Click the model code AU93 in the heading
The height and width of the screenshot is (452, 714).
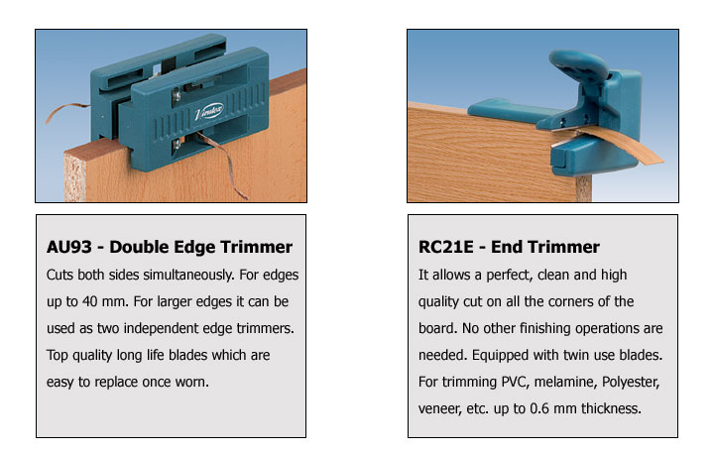click(68, 247)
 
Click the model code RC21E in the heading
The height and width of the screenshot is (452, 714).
click(446, 247)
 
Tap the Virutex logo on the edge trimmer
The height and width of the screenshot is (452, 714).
click(209, 112)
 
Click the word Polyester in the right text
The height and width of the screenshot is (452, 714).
click(631, 382)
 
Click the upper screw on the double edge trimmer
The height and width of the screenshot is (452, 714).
click(177, 95)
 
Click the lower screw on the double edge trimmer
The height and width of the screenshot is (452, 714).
click(177, 145)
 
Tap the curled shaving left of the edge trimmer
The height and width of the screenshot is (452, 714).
click(63, 111)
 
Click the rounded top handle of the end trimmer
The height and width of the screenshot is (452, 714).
click(578, 63)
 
